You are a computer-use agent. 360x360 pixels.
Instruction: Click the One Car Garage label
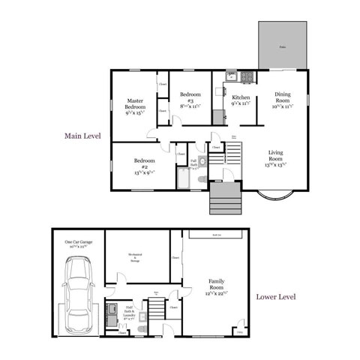pyautogui.click(x=78, y=243)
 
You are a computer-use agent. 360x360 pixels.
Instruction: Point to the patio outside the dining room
pyautogui.click(x=283, y=46)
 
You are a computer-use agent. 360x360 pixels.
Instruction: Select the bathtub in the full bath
pyautogui.click(x=183, y=178)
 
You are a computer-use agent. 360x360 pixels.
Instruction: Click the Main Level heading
pyautogui.click(x=82, y=136)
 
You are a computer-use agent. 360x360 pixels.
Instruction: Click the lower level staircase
pyautogui.click(x=157, y=307)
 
